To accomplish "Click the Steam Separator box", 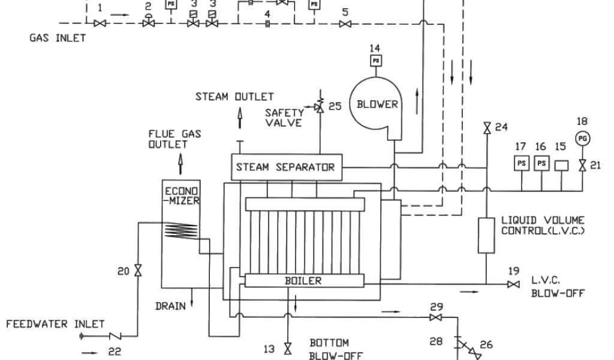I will [285, 167].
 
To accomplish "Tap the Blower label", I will [377, 104].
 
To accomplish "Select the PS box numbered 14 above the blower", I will [376, 61].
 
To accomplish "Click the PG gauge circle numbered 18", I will [582, 138].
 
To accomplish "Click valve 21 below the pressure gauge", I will [582, 166].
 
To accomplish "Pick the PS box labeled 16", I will [541, 163].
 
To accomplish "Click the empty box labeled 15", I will [561, 163].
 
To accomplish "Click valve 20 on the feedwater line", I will [139, 271].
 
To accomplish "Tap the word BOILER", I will [303, 280].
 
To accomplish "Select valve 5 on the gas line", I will [345, 24].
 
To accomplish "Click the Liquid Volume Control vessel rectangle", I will [486, 235].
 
